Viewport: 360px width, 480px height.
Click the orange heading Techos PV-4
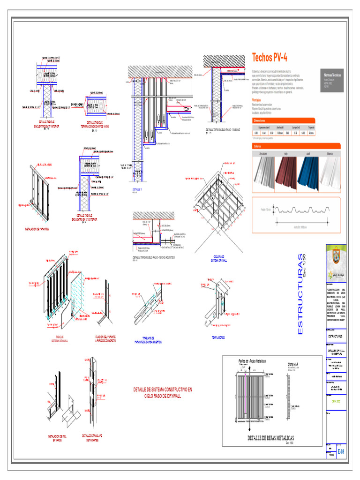coord(270,58)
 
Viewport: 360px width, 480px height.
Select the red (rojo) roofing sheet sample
coord(286,173)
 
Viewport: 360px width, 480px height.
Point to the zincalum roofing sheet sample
coord(263,173)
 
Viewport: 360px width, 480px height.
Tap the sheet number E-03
coord(341,451)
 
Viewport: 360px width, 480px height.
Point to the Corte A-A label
coord(293,364)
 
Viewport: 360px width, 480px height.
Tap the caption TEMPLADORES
coord(217,337)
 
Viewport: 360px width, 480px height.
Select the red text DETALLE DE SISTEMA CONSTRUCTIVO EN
coord(163,390)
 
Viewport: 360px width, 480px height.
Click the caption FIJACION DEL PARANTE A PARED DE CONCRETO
coord(105,339)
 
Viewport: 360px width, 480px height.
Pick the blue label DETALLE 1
coord(137,189)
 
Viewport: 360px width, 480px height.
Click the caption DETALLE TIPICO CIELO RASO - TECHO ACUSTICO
coord(154,257)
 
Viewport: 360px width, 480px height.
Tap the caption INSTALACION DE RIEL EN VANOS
coord(58,438)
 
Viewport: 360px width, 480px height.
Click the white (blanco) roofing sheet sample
coord(331,173)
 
